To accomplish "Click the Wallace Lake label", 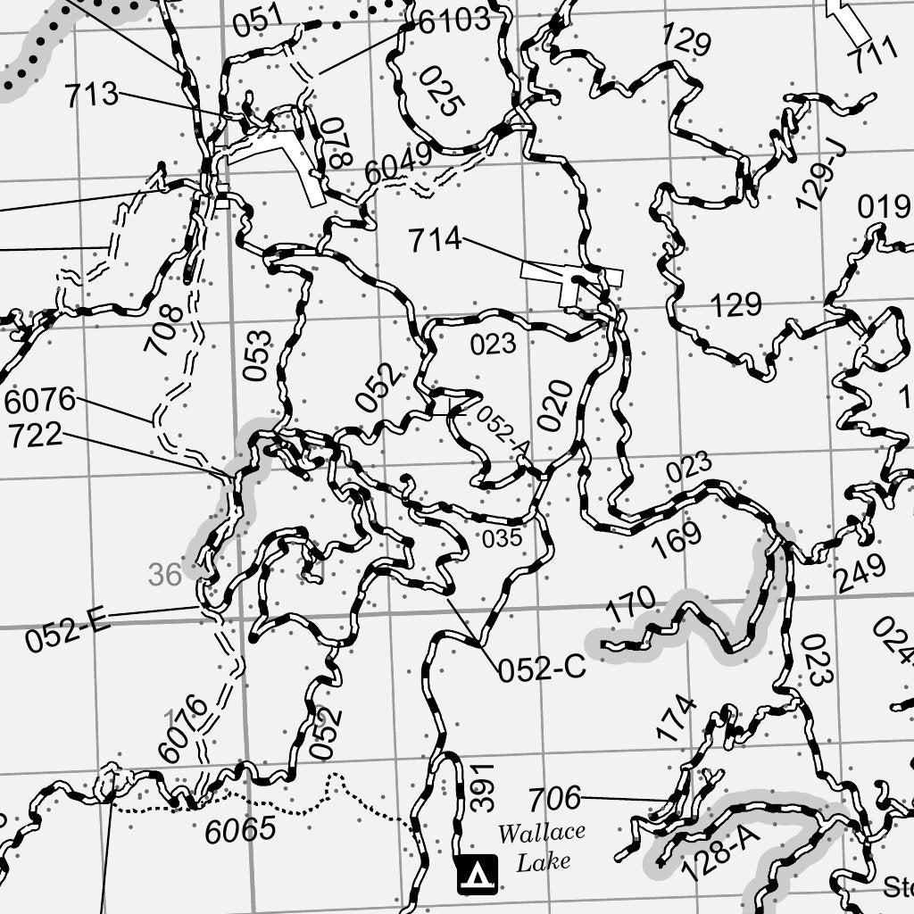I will pyautogui.click(x=541, y=847).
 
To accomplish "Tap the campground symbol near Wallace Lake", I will pyautogui.click(x=477, y=875).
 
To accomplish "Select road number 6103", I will pyautogui.click(x=454, y=21).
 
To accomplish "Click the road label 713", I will pyautogui.click(x=91, y=95).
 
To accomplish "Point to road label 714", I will pyautogui.click(x=435, y=239).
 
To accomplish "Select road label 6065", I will pyautogui.click(x=240, y=830).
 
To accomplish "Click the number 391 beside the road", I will pyautogui.click(x=482, y=787).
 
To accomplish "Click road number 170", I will pyautogui.click(x=631, y=606).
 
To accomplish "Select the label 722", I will pyautogui.click(x=36, y=436).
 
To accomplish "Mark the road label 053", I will pyautogui.click(x=257, y=355).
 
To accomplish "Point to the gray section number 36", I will pyautogui.click(x=165, y=575).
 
